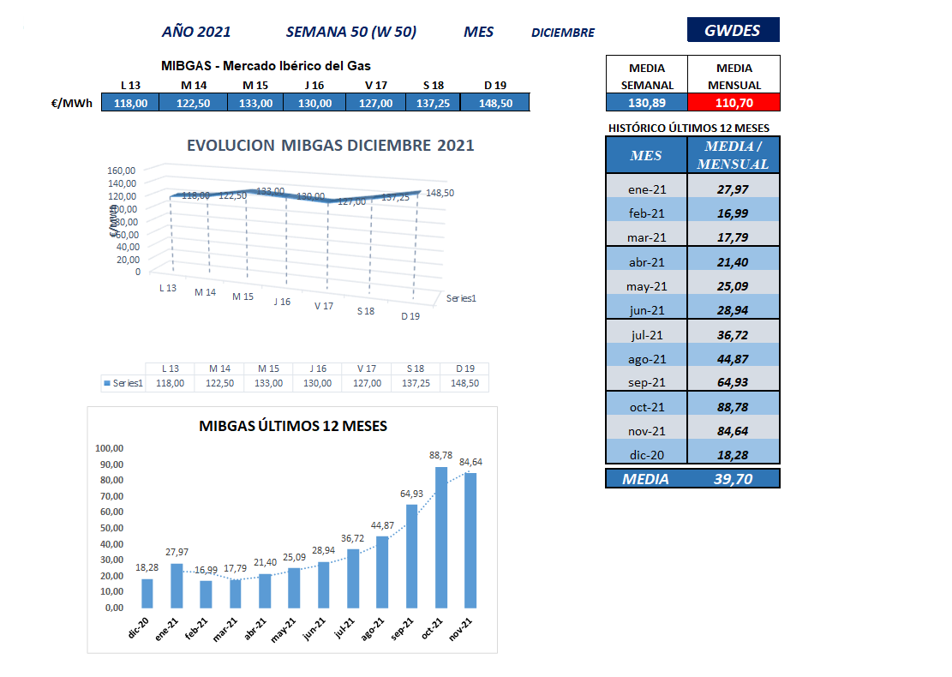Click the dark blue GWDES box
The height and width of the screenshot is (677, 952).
pos(733,30)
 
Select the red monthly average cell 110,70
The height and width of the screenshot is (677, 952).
pos(733,103)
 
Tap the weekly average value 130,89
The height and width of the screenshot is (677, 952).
pos(647,103)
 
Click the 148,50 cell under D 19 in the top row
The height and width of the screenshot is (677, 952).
pos(494,103)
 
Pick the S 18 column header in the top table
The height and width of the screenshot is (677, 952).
pos(434,85)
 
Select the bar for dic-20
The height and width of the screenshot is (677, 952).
pos(147,593)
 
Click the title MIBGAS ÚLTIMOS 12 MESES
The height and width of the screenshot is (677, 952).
pos(292,426)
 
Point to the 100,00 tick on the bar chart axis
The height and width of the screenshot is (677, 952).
pos(110,448)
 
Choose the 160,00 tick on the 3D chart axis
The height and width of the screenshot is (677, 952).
pos(123,170)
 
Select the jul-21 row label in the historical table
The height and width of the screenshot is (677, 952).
pos(646,335)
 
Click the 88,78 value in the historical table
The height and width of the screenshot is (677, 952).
pos(733,407)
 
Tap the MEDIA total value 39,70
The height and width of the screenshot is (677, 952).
pos(733,479)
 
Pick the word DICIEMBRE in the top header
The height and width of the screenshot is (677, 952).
pos(563,33)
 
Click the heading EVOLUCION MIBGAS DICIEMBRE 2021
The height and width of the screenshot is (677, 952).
pos(330,146)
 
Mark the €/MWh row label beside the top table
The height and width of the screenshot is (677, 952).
pos(72,103)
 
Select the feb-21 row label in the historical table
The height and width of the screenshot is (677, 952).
pos(646,213)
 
